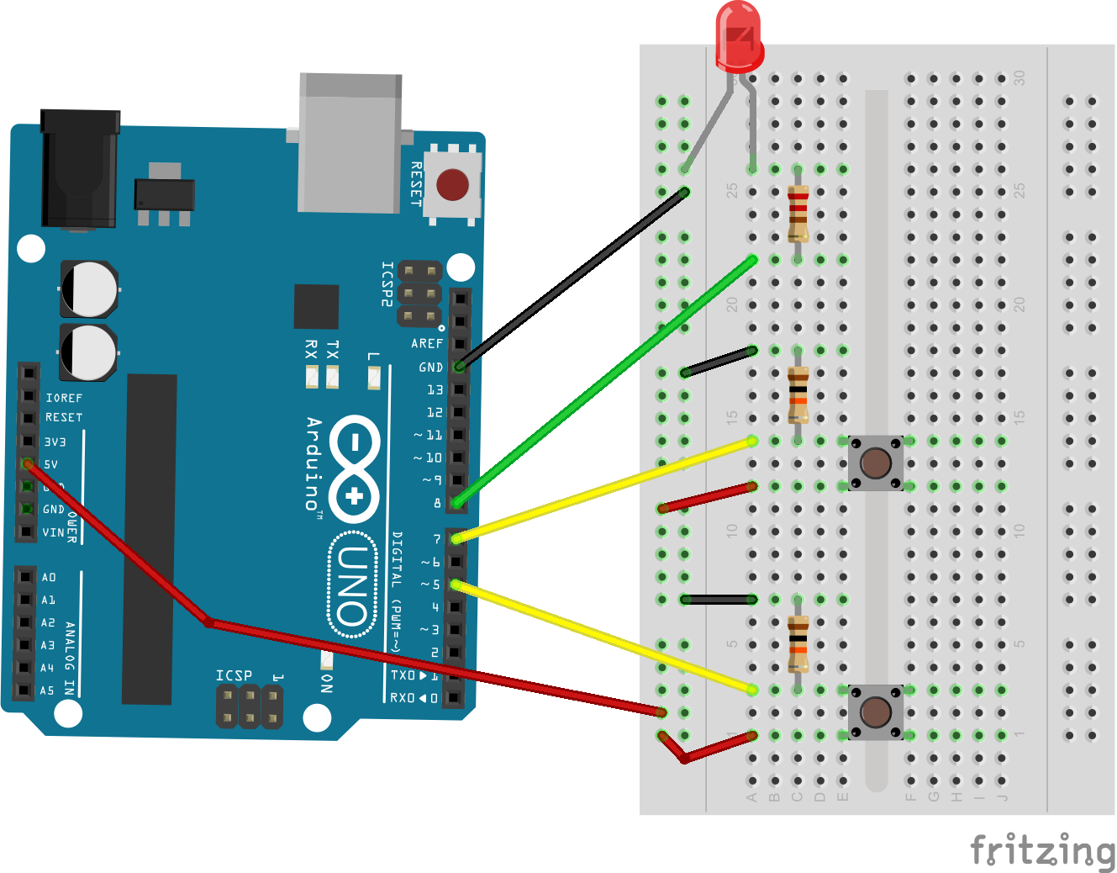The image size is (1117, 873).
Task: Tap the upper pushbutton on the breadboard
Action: [x=876, y=463]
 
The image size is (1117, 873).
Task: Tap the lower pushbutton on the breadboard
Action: [x=876, y=712]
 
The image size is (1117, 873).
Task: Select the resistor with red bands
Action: [x=798, y=214]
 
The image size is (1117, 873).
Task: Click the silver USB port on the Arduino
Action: [x=350, y=143]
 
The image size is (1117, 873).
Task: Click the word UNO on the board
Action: [x=353, y=586]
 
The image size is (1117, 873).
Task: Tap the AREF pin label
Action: [x=427, y=343]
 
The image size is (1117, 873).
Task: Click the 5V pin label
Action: [x=51, y=464]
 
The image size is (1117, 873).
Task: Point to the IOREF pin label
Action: [x=64, y=398]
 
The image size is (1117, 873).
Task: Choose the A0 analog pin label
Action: [x=49, y=577]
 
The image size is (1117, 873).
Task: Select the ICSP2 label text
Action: [x=387, y=283]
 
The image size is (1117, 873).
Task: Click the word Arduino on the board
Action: [x=314, y=463]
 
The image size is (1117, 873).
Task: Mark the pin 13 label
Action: [x=435, y=389]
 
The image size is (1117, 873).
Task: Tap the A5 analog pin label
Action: [x=47, y=690]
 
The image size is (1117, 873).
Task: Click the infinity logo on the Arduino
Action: [x=354, y=468]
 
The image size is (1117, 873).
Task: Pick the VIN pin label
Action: [x=53, y=532]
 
